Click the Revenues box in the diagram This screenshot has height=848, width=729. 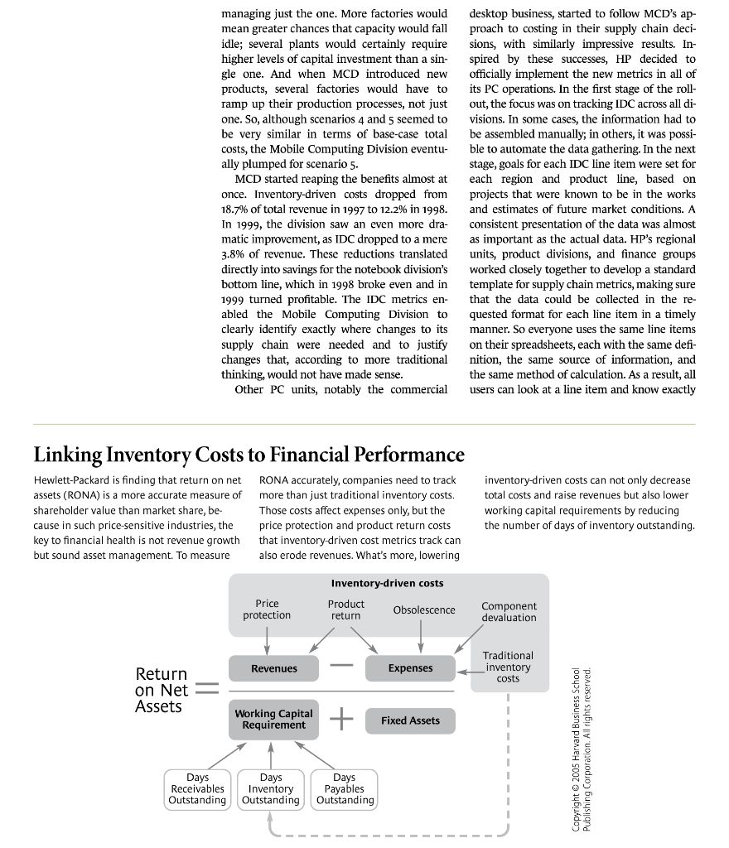pyautogui.click(x=273, y=668)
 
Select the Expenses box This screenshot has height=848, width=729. pyautogui.click(x=410, y=668)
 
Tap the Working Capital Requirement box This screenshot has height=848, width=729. pyautogui.click(x=273, y=720)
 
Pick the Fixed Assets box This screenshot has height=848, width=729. pyautogui.click(x=410, y=720)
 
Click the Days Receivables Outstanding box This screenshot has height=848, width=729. pyautogui.click(x=197, y=789)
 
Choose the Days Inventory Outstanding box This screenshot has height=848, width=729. pyautogui.click(x=271, y=789)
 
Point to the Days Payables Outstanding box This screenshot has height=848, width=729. pyautogui.click(x=345, y=789)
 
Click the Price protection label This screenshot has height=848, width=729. pyautogui.click(x=267, y=609)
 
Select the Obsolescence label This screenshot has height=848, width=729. pyautogui.click(x=423, y=610)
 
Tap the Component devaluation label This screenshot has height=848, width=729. pyautogui.click(x=509, y=612)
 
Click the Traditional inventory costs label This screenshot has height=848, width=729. pyautogui.click(x=508, y=667)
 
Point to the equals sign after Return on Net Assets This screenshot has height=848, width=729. pyautogui.click(x=206, y=690)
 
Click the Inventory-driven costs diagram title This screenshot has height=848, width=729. pyautogui.click(x=387, y=584)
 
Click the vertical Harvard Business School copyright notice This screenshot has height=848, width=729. pyautogui.click(x=582, y=749)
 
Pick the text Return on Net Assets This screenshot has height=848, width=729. pyautogui.click(x=162, y=690)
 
